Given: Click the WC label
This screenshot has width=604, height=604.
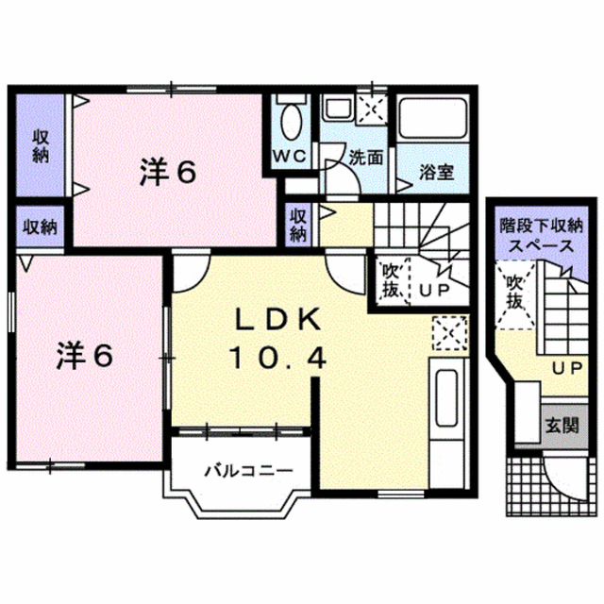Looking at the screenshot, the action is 290,156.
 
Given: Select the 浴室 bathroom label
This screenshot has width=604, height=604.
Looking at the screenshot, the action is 436,172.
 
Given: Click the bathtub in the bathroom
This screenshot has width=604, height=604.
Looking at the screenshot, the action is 432,118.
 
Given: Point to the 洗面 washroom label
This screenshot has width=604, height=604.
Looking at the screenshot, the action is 366,158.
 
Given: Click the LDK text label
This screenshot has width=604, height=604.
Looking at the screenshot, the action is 278,319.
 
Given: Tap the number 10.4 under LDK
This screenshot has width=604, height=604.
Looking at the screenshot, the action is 278,357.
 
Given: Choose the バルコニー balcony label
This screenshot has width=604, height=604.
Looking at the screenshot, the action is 248,470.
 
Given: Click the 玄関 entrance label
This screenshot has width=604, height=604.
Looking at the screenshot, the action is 562,426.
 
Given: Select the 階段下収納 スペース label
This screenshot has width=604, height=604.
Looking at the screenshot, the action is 541,235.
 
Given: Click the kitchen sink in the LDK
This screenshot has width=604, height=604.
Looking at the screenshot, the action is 446,398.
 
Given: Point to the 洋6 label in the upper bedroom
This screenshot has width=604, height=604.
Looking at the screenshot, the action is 168,173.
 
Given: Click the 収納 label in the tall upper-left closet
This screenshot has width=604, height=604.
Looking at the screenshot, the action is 41,146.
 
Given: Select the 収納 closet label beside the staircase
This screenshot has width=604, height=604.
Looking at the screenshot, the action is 298,225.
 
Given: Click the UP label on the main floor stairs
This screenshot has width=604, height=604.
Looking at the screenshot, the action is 434,290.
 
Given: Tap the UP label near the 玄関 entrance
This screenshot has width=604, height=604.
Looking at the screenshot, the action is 567,369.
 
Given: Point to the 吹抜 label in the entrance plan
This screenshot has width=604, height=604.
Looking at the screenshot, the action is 513,294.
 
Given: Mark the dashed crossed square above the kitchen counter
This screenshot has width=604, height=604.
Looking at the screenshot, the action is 450,333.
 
